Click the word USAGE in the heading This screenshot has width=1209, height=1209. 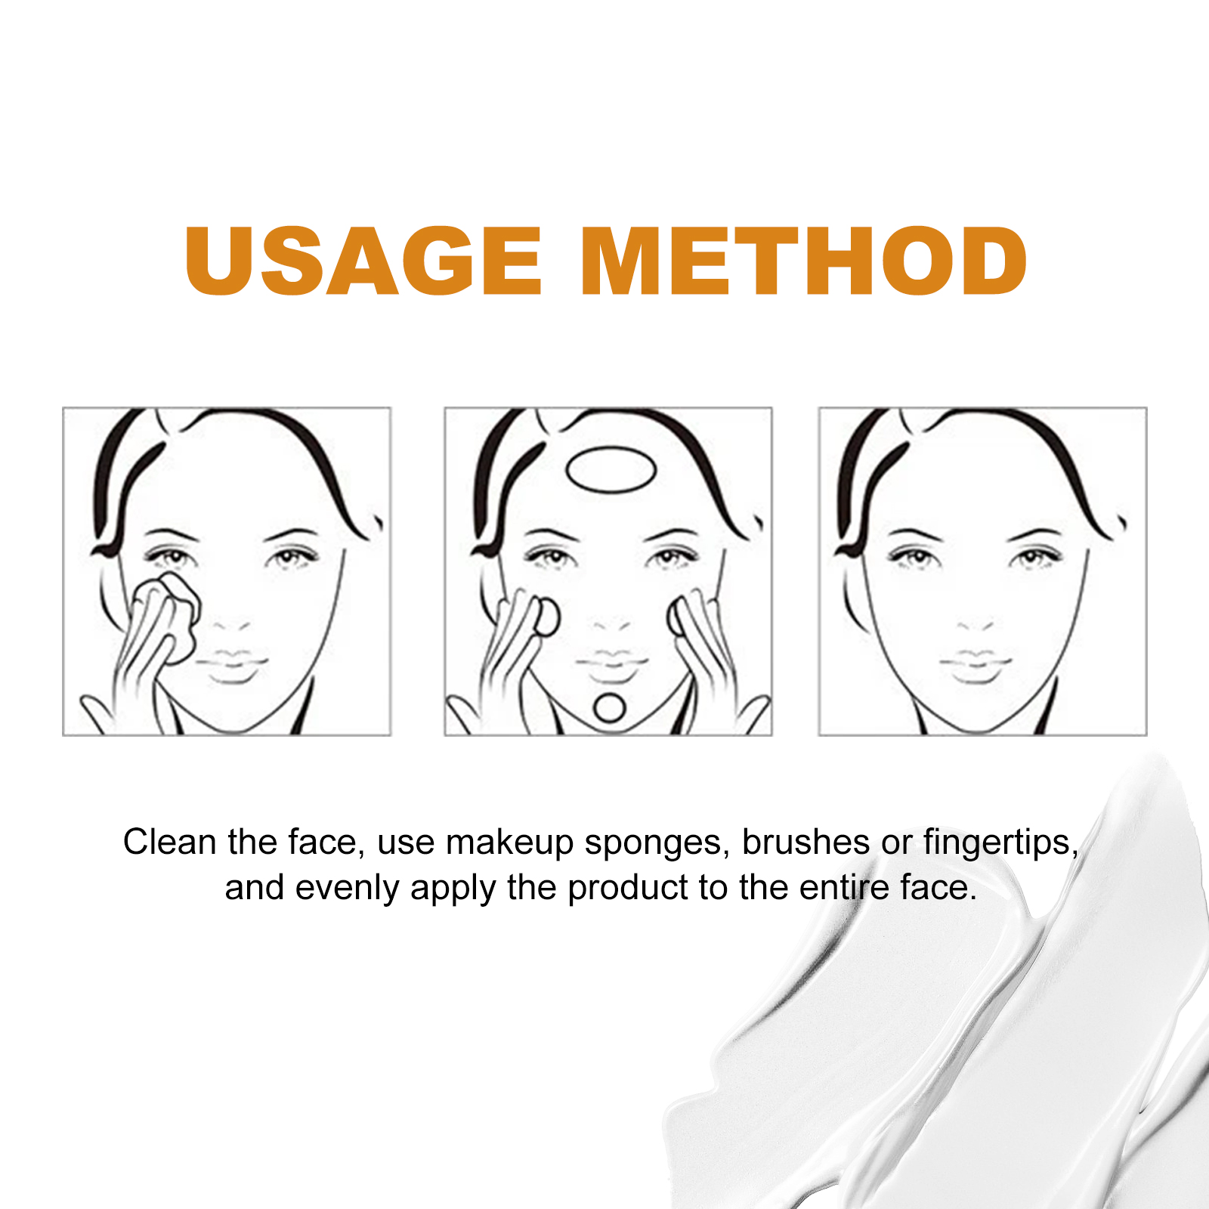click(363, 261)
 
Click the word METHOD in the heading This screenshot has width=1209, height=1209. click(804, 261)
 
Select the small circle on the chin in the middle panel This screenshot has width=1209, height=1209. click(609, 707)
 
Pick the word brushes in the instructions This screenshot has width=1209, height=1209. click(805, 842)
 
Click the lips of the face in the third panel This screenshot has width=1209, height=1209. click(976, 666)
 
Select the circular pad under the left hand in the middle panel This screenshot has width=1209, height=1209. click(546, 617)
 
